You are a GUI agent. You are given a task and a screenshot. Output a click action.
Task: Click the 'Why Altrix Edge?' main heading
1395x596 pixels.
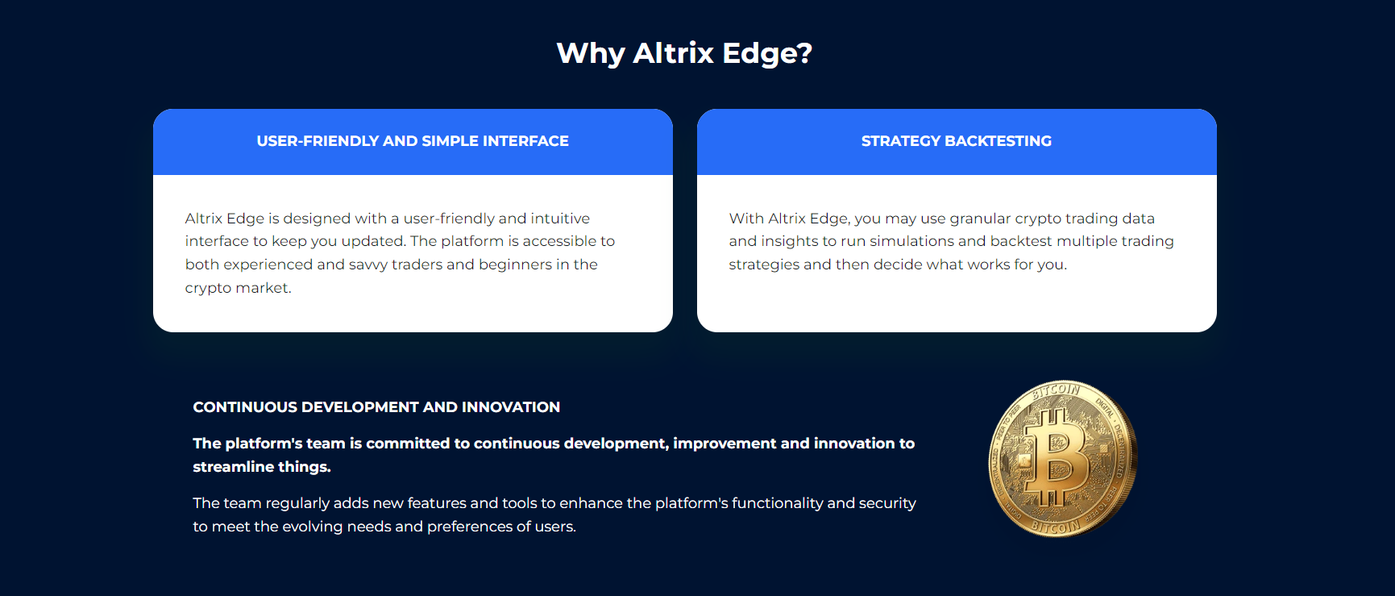click(x=684, y=53)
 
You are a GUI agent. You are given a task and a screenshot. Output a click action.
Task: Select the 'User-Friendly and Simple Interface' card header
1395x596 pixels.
click(x=413, y=141)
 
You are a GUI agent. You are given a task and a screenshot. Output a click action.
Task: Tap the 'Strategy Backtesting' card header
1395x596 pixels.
click(x=957, y=141)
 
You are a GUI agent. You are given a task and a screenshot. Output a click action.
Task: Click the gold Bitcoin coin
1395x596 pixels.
click(x=1063, y=458)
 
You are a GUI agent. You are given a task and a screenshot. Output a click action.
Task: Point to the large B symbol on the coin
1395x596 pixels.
click(x=1056, y=458)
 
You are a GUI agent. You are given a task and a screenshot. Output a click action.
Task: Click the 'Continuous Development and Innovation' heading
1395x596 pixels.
click(x=376, y=407)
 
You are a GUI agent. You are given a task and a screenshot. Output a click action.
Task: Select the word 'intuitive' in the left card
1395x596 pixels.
click(x=560, y=219)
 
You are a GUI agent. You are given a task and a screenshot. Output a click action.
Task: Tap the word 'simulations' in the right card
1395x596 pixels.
click(x=911, y=241)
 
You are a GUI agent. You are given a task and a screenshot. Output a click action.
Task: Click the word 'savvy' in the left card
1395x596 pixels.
click(x=368, y=265)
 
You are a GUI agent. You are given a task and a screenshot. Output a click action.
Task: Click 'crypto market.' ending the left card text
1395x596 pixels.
click(x=239, y=288)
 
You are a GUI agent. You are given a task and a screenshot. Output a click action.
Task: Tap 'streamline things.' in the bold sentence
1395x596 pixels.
click(x=262, y=467)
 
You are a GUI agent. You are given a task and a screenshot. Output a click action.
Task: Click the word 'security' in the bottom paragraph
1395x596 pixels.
click(x=887, y=504)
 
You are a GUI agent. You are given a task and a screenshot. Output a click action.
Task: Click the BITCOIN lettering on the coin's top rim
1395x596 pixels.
click(x=1057, y=391)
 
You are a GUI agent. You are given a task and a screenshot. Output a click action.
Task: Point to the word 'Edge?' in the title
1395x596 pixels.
click(x=767, y=54)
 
